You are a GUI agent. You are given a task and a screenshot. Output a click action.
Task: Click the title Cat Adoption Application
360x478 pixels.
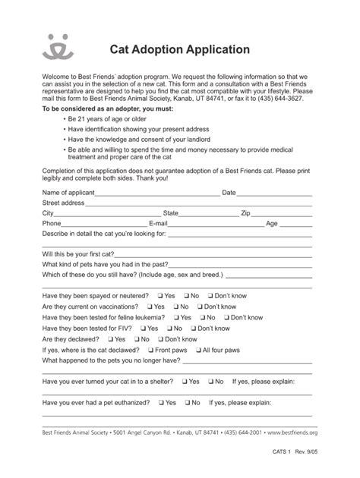coord(179,49)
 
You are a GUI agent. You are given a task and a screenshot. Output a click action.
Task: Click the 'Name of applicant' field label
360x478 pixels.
coord(69,193)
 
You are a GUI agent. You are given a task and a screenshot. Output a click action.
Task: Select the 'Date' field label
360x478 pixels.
coord(229,193)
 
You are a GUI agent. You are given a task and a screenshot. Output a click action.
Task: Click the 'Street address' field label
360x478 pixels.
coord(63,203)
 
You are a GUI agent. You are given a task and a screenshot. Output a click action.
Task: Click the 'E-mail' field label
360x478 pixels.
coord(158,224)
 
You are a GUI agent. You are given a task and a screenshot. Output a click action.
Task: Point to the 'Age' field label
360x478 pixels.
coord(272,224)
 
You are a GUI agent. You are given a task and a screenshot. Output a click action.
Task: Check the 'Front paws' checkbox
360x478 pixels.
coord(150,350)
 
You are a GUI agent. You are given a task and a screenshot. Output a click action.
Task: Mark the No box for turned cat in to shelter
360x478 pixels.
coord(210,382)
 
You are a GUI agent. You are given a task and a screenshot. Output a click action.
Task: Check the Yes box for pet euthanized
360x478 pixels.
coord(160,403)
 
